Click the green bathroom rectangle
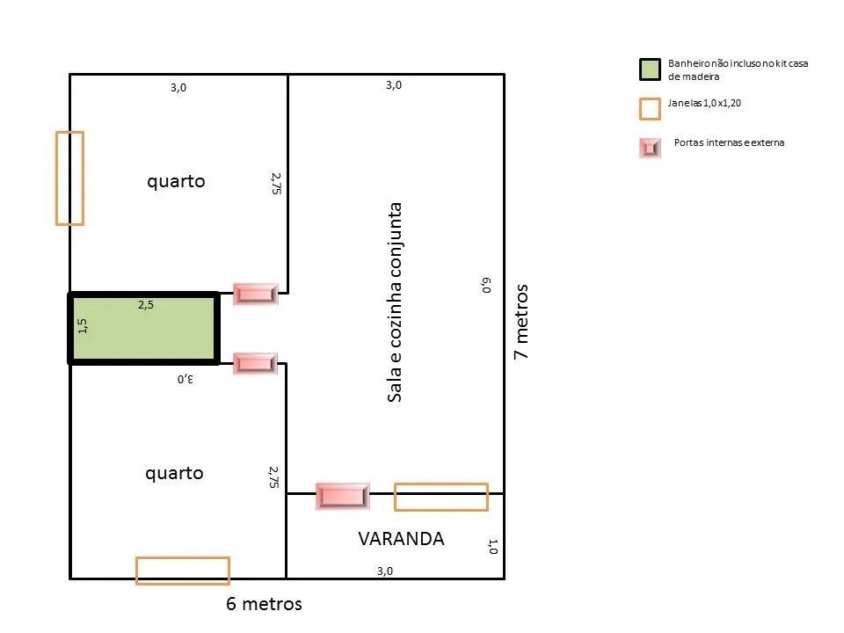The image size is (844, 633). (143, 328)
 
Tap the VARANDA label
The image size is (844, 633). (401, 539)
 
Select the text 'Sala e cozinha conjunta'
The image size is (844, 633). (395, 302)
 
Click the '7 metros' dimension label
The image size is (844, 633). (521, 322)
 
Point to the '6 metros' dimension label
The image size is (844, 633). (264, 604)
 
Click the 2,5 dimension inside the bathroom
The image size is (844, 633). (146, 305)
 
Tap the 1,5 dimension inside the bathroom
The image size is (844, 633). (83, 325)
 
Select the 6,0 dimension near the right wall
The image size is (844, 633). (486, 285)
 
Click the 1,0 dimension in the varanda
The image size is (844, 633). (493, 546)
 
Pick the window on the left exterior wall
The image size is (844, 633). (70, 178)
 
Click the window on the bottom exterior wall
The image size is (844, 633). (183, 571)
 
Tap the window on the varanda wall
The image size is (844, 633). (441, 497)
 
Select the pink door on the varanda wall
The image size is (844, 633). (342, 496)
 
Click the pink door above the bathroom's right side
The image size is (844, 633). (255, 294)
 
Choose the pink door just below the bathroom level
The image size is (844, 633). (255, 363)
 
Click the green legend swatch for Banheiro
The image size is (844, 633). (650, 69)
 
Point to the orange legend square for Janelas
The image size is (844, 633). (650, 109)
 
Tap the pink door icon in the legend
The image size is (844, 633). (650, 148)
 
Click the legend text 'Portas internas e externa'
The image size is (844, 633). (729, 142)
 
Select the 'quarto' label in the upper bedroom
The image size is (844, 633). (176, 181)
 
